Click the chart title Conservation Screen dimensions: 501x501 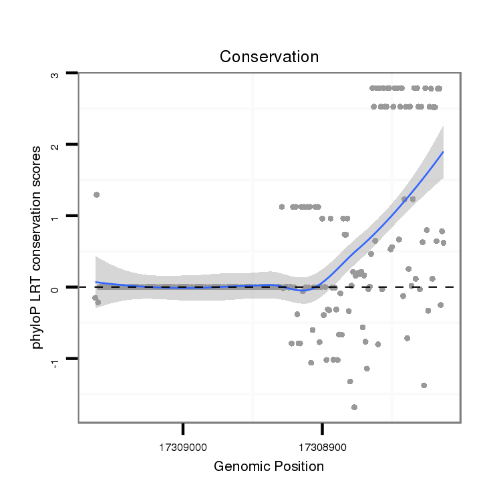[269, 57]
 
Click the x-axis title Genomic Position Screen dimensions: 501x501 [269, 466]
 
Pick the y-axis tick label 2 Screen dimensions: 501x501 [56, 144]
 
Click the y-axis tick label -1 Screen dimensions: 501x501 [56, 361]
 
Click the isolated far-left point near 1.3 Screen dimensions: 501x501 [96, 194]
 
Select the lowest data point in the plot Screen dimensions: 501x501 [354, 407]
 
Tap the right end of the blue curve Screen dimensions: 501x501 [443, 152]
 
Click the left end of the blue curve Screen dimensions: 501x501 [96, 282]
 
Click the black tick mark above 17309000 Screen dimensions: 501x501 [183, 428]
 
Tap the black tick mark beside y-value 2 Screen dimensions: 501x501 [73, 144]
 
